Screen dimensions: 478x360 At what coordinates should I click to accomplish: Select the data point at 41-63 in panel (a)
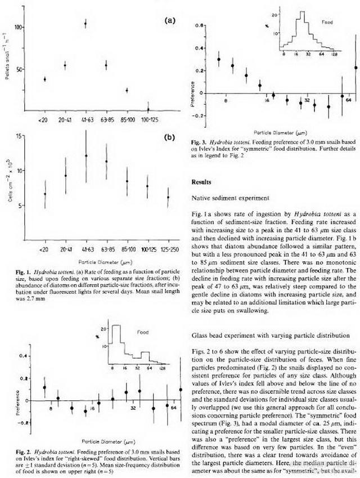pos(85,24)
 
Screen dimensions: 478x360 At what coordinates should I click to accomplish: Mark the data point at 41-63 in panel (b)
pos(86,156)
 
